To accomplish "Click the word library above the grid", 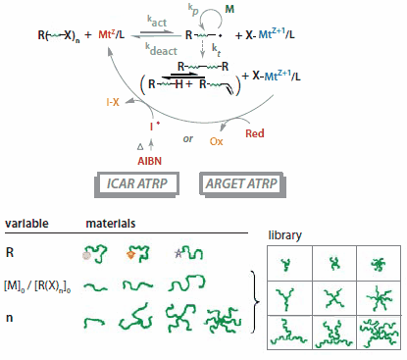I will pyautogui.click(x=285, y=236).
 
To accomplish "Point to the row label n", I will pyautogui.click(x=9, y=318).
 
